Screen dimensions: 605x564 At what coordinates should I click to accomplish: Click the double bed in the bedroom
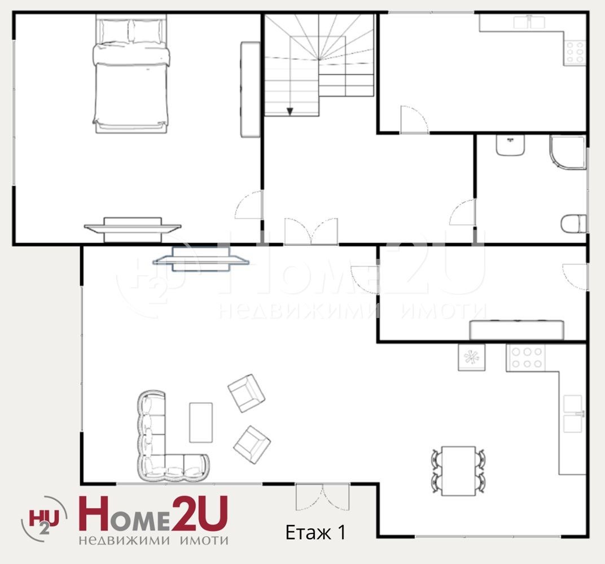pos(131,74)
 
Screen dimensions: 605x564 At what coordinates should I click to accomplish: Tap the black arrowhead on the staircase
pos(290,112)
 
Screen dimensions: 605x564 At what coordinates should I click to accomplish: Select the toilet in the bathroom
pos(574,224)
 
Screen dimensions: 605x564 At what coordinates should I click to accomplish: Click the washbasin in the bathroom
pos(510,145)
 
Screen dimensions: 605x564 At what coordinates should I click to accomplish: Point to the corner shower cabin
pos(568,152)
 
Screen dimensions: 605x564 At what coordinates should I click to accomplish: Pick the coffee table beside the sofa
pos(201,422)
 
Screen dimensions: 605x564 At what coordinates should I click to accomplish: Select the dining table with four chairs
pos(458,471)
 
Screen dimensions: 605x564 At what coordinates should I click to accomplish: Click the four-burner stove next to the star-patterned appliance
pos(527,358)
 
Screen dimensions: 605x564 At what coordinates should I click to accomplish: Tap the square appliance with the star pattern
pos(471,358)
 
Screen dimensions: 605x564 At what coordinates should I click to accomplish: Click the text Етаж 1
pos(315,532)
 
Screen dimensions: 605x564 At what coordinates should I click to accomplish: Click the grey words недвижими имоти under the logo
pos(153,540)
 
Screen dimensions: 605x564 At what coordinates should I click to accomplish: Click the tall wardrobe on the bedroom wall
pos(250,90)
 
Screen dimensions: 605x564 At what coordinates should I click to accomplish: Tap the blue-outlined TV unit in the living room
pos(201,259)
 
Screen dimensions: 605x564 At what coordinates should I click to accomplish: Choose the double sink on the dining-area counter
pos(573,413)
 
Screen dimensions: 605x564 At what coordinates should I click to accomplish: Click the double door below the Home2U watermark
pos(323,497)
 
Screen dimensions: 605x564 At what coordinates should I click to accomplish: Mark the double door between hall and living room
pos(311,231)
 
